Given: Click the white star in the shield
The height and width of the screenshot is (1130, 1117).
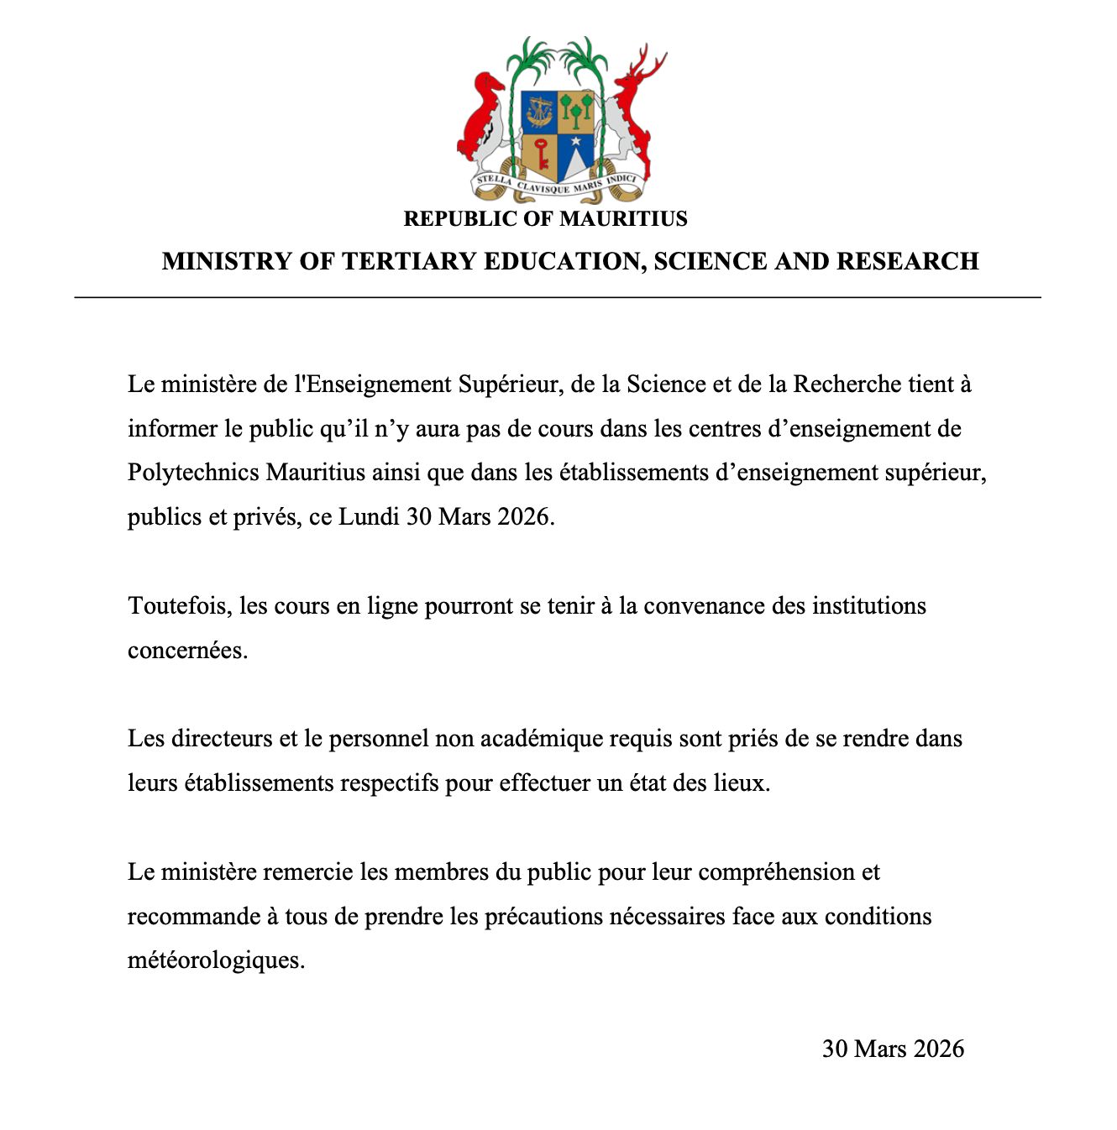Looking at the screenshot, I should (576, 141).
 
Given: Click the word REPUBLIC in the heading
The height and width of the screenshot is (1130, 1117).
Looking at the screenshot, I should (450, 219).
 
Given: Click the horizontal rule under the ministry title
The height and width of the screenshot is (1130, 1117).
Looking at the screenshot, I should (558, 297).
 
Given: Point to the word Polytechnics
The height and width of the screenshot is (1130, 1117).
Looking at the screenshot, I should (193, 473).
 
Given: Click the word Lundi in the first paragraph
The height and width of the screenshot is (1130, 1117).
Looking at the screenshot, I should (369, 516).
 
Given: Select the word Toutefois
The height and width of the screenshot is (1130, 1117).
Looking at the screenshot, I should (179, 606).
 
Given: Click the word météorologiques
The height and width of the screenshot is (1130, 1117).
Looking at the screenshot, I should (216, 960).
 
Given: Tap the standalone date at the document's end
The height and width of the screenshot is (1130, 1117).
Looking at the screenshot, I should (893, 1049).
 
